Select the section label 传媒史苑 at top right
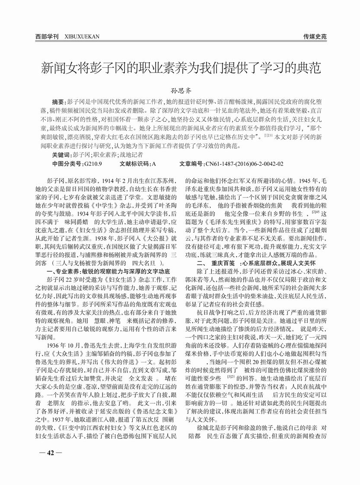[x=315, y=37]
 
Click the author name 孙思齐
[x=179, y=92]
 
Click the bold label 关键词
[x=61, y=154]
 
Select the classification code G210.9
[x=93, y=164]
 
